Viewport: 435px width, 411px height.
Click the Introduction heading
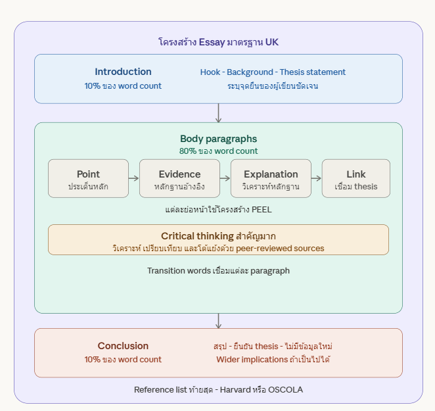123,72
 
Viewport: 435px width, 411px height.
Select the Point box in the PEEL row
88,178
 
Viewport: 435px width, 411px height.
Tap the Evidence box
179,178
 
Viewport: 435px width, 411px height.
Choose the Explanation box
271,178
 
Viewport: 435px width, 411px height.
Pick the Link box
355,178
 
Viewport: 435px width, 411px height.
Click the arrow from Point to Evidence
134,178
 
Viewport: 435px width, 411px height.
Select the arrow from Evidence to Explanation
225,178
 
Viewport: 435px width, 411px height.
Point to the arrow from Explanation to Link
316,178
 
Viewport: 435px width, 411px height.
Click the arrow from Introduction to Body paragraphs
218,113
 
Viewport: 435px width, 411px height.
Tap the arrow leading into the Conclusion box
218,321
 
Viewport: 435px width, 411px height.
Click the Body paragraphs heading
218,139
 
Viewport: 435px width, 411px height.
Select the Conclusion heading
123,346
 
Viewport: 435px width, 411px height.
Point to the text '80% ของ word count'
218,151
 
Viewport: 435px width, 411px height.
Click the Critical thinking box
218,240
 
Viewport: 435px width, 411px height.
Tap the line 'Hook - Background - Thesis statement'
273,72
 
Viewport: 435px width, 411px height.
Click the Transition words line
218,271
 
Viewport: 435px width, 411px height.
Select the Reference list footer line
218,390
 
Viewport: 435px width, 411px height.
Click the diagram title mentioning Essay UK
218,42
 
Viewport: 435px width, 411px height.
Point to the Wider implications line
273,360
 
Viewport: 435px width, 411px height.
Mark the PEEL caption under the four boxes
218,210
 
